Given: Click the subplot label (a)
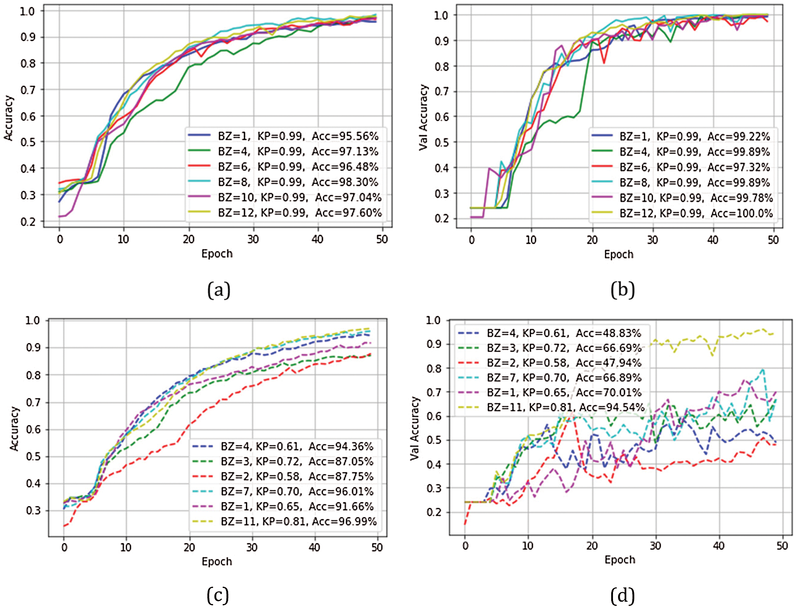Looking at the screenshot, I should point(219,290).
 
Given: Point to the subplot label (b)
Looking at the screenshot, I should point(622,290).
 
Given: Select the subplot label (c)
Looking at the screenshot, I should point(218,595).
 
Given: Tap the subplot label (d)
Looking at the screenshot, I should point(622,595).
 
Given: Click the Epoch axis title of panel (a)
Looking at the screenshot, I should point(217,254).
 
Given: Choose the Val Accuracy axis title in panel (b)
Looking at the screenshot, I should point(424,117).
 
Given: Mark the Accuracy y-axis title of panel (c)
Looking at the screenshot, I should point(15,429).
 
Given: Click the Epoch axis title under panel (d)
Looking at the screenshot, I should point(620,560).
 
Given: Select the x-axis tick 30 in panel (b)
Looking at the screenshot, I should point(652,240).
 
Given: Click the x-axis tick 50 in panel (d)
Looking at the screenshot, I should point(782,546).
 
